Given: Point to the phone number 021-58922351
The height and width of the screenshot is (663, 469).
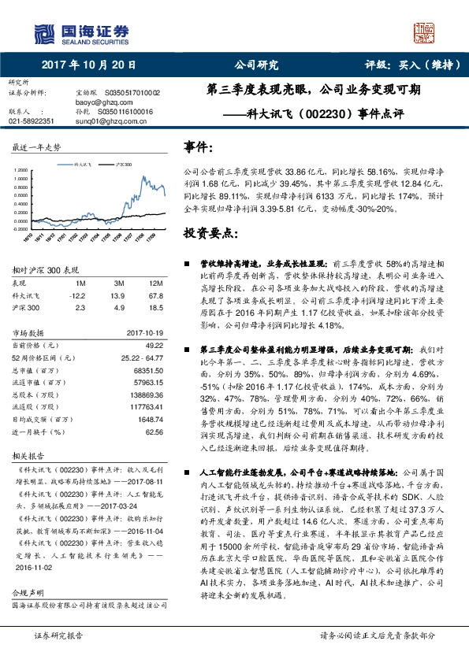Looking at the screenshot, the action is coord(32,122).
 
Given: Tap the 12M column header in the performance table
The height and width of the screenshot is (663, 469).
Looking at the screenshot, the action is coord(156,283).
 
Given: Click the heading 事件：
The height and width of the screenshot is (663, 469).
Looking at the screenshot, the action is coord(199,147).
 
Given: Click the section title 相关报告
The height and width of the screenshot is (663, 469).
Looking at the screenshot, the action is coord(28,456).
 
